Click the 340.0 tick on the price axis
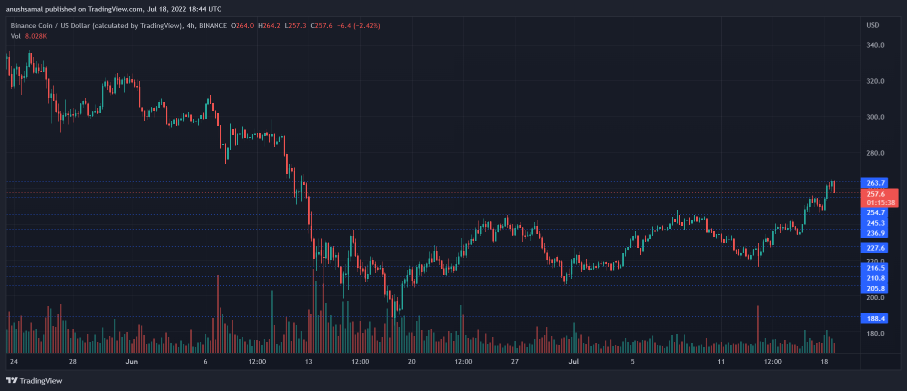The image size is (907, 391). [x=875, y=45]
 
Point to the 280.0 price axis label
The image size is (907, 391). [x=875, y=153]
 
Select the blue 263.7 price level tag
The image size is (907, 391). [x=875, y=183]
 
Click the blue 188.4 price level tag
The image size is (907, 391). [x=875, y=318]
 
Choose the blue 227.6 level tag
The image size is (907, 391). [x=875, y=248]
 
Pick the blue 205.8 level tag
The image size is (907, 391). [x=875, y=288]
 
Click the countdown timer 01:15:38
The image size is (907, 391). [x=881, y=202]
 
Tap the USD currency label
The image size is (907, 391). [x=873, y=25]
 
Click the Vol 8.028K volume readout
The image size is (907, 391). [x=29, y=36]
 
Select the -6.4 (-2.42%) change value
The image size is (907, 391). [x=358, y=25]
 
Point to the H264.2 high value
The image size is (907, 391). [x=269, y=25]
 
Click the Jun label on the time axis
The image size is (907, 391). [x=132, y=361]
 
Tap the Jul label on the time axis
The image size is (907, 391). [x=573, y=361]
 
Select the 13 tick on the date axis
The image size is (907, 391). [x=308, y=361]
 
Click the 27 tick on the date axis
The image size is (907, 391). [x=514, y=361]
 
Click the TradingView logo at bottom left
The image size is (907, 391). [x=34, y=380]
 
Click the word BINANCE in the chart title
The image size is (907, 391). [x=213, y=25]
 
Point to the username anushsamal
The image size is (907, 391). [x=24, y=9]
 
